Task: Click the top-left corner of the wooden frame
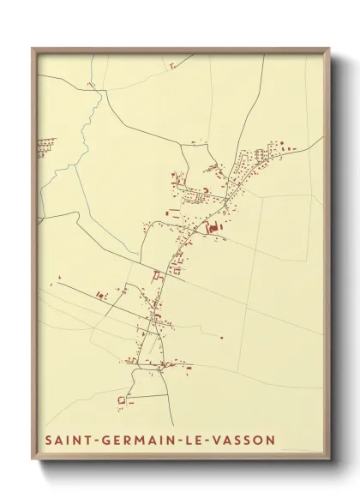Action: [x=33, y=47]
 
